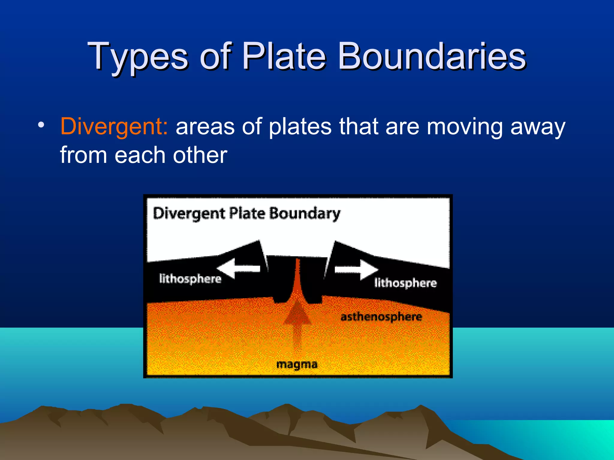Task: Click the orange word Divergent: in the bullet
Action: (114, 126)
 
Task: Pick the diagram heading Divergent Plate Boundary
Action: (246, 214)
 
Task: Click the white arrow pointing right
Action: (357, 269)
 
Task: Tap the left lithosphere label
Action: (190, 279)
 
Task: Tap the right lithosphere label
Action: (405, 283)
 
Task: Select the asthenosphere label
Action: (381, 317)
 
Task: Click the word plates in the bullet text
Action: (300, 126)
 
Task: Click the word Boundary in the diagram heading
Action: (304, 214)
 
